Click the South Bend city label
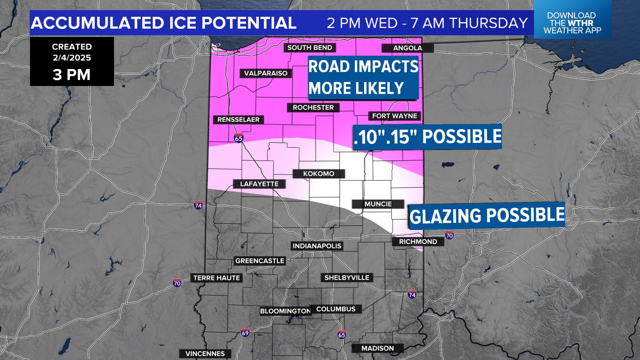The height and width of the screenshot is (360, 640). pos(310,48)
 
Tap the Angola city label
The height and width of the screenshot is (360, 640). pos(407,48)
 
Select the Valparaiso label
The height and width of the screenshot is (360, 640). pos(266,73)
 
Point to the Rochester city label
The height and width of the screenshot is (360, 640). pos(313,108)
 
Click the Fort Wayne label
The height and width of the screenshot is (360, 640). pos(394,116)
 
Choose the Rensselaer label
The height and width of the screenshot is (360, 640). pos(238,120)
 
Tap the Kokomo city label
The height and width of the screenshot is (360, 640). pos(319,174)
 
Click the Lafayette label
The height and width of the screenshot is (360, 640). pos(259,184)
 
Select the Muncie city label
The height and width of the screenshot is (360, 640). pos(378,204)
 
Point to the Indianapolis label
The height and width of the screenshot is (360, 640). pos(317,246)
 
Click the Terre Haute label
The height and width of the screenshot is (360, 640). pos(216,278)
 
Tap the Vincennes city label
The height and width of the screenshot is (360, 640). pos(205,354)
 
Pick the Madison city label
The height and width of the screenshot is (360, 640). pos(378,348)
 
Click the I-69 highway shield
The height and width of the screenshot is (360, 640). pos(245,333)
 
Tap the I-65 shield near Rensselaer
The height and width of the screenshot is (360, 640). pos(239,138)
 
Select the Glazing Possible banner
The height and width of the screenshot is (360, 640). pos(487,215)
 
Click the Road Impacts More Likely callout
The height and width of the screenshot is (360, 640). pos(363,77)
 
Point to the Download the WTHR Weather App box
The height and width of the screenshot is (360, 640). pos(572,23)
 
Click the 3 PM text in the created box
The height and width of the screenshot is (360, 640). pos(72,75)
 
